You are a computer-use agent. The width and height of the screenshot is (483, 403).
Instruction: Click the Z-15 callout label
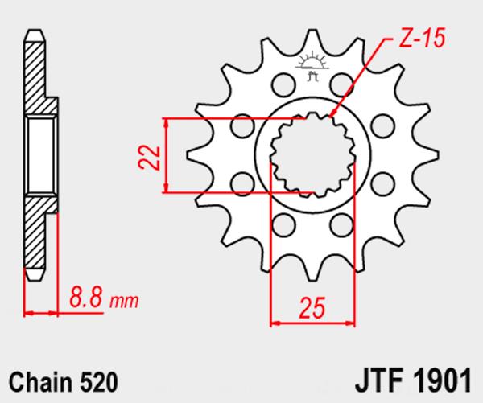point(422,38)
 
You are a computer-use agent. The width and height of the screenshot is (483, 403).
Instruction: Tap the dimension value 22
point(150,158)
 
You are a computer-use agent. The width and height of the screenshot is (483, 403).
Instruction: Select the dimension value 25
point(312,307)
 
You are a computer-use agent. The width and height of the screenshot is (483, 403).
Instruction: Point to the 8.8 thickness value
point(85,297)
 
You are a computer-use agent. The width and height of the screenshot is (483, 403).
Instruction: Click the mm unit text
point(124,302)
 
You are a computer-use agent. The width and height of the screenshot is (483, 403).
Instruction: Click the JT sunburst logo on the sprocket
point(312,66)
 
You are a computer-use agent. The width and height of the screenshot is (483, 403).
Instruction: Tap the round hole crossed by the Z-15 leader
point(341,84)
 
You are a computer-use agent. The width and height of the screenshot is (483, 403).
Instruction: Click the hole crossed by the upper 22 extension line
point(243,125)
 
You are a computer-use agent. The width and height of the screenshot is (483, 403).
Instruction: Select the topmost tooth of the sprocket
point(312,40)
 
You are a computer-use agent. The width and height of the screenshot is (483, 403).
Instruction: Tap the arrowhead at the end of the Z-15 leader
point(332,113)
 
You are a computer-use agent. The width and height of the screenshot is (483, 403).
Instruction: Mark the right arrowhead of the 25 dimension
point(350,323)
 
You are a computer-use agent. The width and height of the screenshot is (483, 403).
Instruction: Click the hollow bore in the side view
point(41,155)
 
